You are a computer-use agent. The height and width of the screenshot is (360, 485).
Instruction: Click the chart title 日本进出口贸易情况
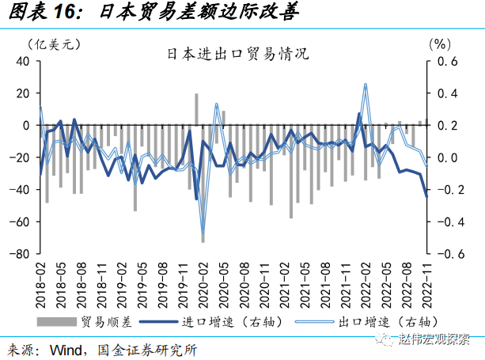point(237,55)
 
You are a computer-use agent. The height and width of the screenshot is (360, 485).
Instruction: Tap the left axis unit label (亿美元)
point(53,44)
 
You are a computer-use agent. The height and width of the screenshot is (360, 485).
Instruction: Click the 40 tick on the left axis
point(23,61)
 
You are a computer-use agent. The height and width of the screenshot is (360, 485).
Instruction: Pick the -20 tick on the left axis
point(21,157)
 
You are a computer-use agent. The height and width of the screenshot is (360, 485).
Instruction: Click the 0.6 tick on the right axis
point(448,61)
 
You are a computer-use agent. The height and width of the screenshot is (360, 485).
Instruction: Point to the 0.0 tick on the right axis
point(448,157)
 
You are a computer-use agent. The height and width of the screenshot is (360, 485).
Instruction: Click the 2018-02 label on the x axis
point(40,282)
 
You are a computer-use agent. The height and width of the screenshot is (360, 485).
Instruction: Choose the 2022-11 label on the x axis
point(427,282)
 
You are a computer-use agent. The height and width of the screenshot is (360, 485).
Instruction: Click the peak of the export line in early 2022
point(366,84)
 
